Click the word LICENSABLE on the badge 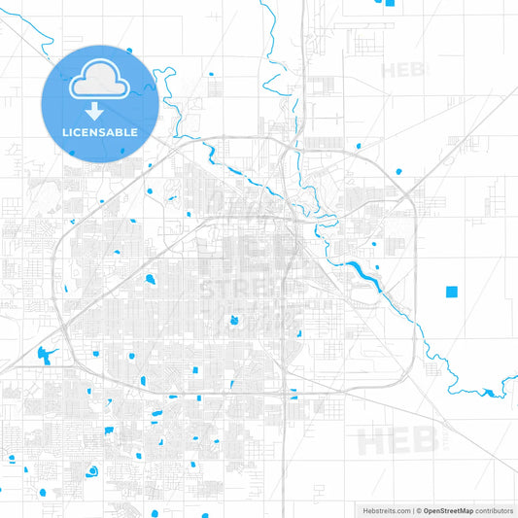[x=101, y=132]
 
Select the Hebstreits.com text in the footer [x=385, y=510]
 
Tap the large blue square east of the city [x=451, y=291]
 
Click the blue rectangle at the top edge [x=390, y=3]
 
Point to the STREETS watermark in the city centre [x=239, y=288]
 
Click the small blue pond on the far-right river [x=485, y=394]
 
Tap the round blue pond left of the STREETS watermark [x=151, y=280]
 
